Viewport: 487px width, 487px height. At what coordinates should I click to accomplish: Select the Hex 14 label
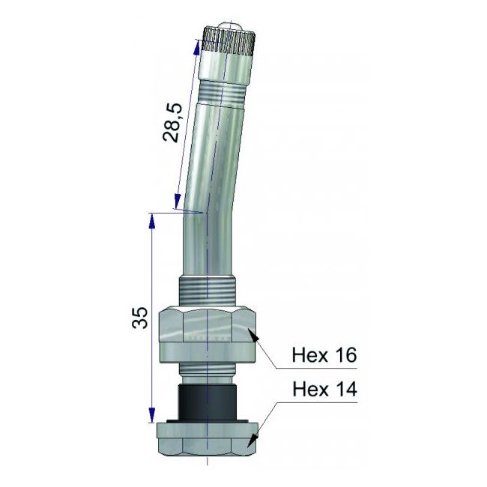(x=324, y=390)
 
